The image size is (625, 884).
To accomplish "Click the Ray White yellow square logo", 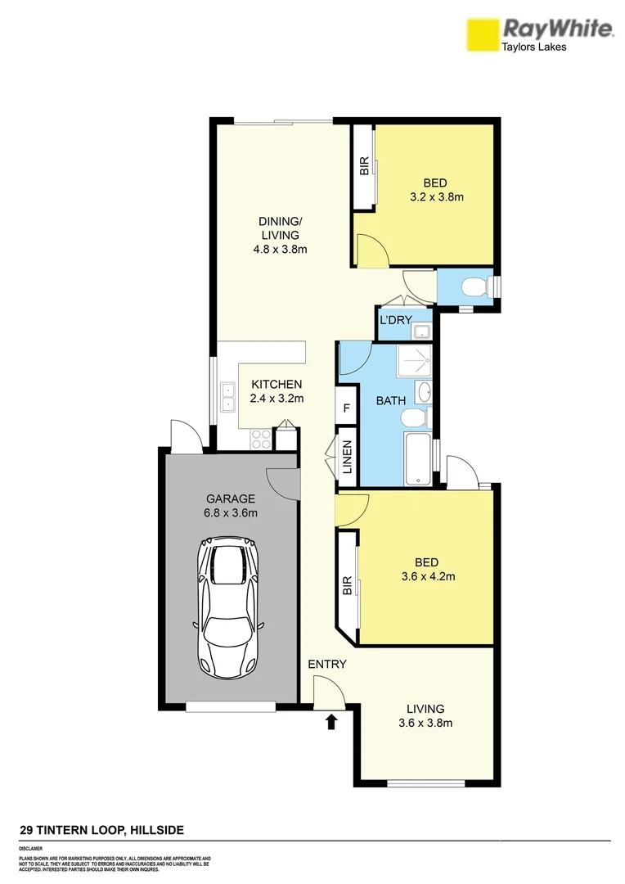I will [x=482, y=36].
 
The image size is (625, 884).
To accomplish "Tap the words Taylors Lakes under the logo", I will [x=533, y=47].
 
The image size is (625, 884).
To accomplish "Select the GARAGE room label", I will [x=231, y=498].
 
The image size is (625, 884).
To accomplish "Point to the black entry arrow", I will [x=331, y=721].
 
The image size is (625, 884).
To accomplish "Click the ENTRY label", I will [x=327, y=664].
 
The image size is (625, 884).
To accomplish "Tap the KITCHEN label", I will [x=277, y=384].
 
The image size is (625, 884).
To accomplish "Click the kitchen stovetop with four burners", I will [x=260, y=439].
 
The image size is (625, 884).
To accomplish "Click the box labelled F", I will [x=346, y=408].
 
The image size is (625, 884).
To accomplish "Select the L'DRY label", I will [x=394, y=319].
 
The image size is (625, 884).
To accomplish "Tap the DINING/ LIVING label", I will [x=280, y=235].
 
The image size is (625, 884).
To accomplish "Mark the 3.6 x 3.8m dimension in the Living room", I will [x=425, y=723].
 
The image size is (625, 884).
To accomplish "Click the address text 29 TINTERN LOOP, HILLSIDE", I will [x=101, y=830].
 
